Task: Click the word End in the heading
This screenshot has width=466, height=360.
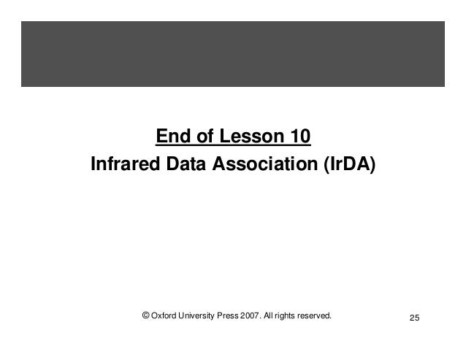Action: tap(172, 137)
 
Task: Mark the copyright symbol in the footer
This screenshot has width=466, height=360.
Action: tap(146, 316)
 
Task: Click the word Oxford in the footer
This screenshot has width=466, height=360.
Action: tap(167, 316)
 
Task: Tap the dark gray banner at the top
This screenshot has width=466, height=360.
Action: tap(232, 53)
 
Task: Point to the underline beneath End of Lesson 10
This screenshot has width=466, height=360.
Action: tap(233, 145)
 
